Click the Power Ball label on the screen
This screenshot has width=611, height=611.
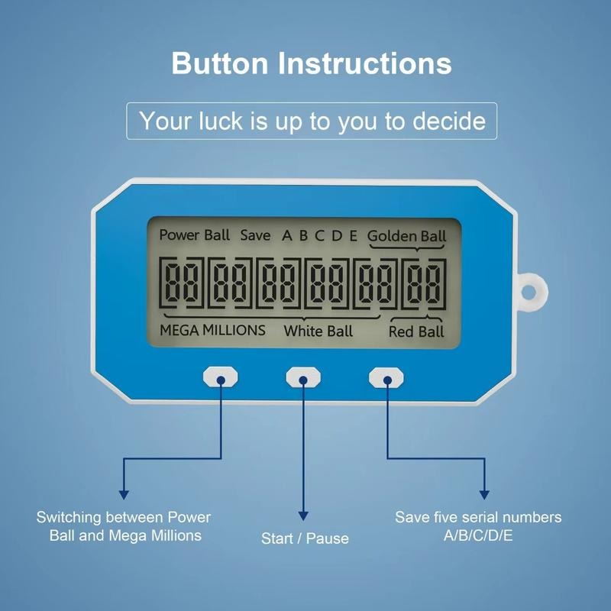[194, 235]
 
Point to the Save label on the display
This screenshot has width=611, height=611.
[255, 235]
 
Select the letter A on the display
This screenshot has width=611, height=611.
[287, 235]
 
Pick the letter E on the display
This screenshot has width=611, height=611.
[353, 235]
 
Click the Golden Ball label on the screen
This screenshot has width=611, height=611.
[406, 235]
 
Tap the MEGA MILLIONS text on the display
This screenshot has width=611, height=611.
[212, 330]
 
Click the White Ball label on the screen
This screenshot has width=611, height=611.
[318, 331]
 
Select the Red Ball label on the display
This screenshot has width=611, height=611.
[416, 331]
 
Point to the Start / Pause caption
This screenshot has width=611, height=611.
[305, 538]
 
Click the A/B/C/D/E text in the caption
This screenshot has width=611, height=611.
[478, 535]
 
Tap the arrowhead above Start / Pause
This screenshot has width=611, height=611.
[304, 518]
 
